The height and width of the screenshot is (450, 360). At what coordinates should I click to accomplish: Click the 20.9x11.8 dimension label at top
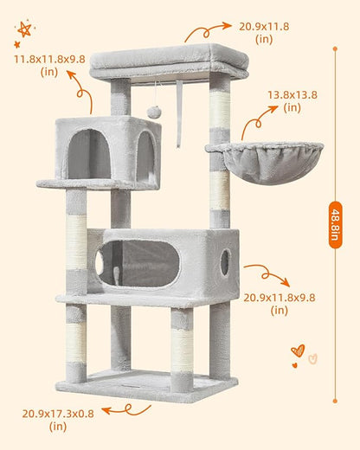coord(264,32)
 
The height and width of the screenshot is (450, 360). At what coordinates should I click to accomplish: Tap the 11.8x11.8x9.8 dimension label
coord(48,65)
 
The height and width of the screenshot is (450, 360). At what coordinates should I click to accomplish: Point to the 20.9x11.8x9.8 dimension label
coord(279,303)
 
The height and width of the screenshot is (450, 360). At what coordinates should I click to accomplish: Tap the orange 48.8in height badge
coord(335,224)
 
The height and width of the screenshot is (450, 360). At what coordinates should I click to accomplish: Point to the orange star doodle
coord(24,30)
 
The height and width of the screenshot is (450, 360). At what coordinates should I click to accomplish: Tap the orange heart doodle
coord(298,350)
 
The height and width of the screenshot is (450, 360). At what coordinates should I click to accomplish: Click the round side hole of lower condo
coord(225,262)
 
